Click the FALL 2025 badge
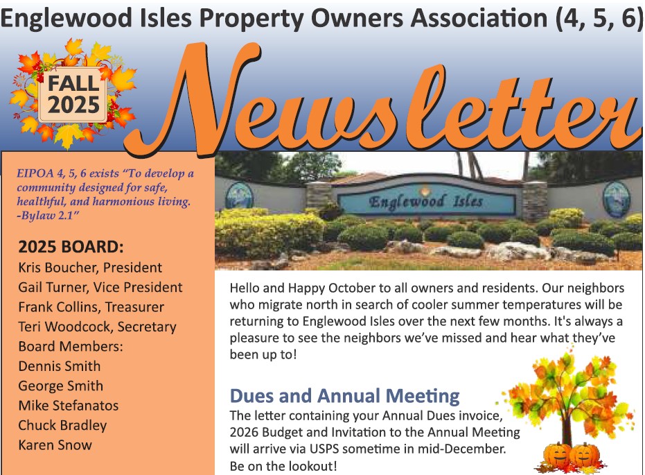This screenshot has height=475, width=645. (73, 95)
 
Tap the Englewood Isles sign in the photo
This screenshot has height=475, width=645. (425, 202)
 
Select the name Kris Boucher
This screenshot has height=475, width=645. (59, 267)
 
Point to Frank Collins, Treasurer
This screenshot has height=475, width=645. (97, 306)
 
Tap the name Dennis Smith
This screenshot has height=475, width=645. (60, 366)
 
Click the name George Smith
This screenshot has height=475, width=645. (61, 386)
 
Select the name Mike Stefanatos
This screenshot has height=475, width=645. (69, 406)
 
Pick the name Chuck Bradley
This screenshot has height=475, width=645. (62, 425)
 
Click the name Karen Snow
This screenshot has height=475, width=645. (55, 445)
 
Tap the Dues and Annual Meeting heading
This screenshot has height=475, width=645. (344, 396)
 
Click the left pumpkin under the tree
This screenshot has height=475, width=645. (558, 454)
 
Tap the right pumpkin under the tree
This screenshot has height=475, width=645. (586, 454)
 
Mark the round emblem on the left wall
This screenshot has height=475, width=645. (239, 196)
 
